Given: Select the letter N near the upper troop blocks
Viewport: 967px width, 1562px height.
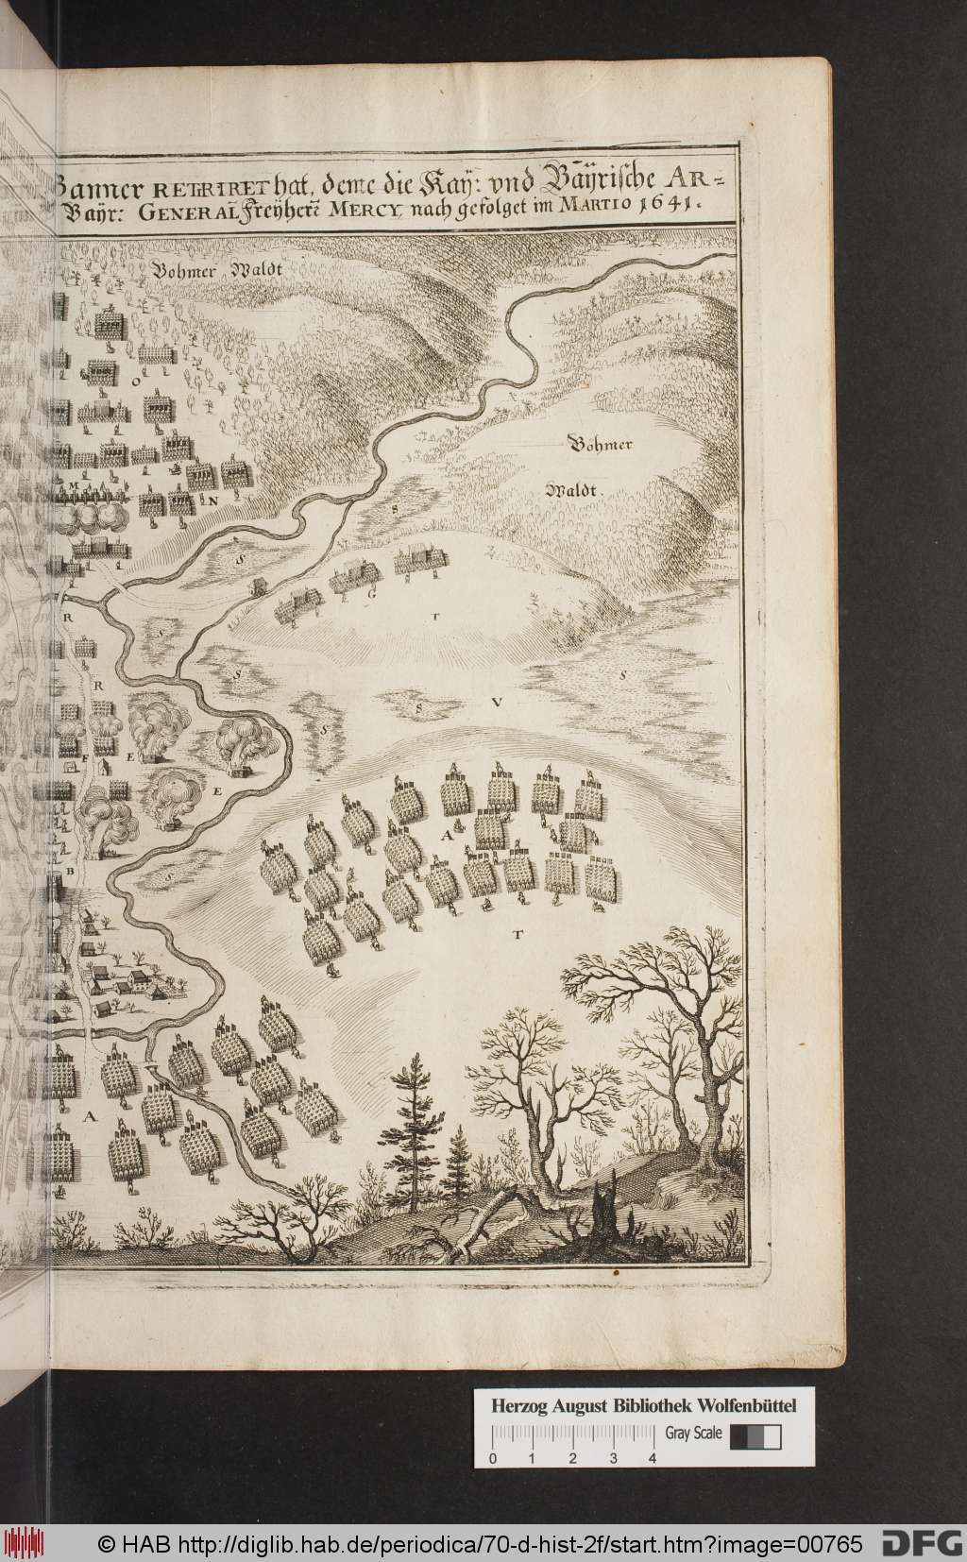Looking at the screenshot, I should tap(214, 500).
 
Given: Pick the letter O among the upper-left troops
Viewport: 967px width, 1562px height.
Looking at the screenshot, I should tap(135, 382).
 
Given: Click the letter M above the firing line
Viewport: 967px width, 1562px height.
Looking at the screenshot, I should tap(72, 481).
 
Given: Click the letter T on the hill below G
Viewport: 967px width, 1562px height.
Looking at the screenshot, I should tap(437, 616).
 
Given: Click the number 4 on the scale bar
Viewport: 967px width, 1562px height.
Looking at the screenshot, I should tap(653, 1459).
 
